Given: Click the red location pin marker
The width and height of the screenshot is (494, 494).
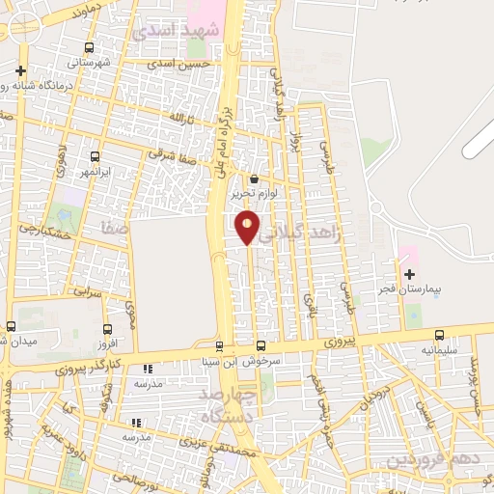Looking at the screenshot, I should click(248, 226).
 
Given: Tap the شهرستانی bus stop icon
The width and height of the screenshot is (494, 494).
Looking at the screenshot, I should click(89, 47).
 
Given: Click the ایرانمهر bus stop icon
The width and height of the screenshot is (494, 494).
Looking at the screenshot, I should click(95, 156).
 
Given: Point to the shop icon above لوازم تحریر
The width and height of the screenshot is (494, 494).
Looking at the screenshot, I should click(254, 178).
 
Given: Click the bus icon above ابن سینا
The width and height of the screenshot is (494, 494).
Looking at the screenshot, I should click(219, 346).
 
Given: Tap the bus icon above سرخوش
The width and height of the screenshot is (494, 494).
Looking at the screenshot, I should click(261, 346).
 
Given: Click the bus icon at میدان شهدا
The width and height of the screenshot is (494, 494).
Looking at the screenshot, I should click(11, 326).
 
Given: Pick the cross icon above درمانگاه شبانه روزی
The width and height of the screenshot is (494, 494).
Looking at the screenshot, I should click(21, 70).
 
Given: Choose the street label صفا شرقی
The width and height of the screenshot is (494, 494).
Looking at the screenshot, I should click(173, 152).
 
